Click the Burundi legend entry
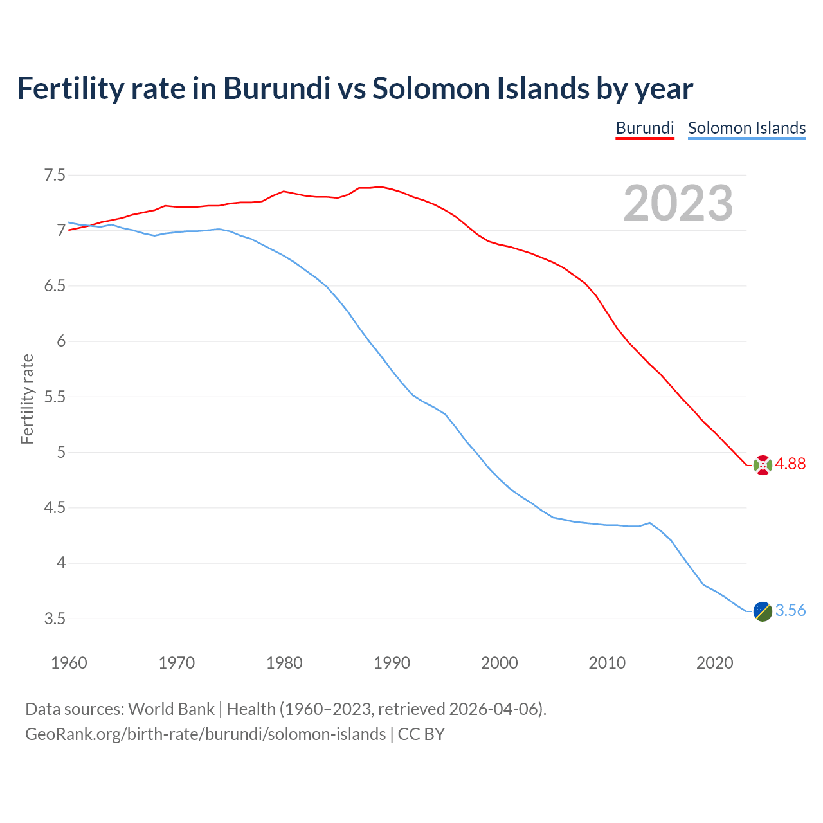[644, 128]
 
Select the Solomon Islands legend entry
[746, 128]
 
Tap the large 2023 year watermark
[678, 203]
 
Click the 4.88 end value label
[790, 464]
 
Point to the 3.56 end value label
[790, 610]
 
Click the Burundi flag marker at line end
[763, 465]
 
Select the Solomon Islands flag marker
[763, 611]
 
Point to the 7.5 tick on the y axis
[55, 175]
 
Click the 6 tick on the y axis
[61, 341]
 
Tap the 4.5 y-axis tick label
[55, 508]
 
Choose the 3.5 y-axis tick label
[55, 619]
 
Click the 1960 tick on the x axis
[69, 663]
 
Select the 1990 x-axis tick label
[392, 663]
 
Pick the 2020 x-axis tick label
[714, 663]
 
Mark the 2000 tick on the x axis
[499, 663]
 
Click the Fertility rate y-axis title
[27, 399]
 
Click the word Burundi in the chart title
[276, 88]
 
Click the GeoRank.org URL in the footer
[205, 734]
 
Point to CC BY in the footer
[421, 734]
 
